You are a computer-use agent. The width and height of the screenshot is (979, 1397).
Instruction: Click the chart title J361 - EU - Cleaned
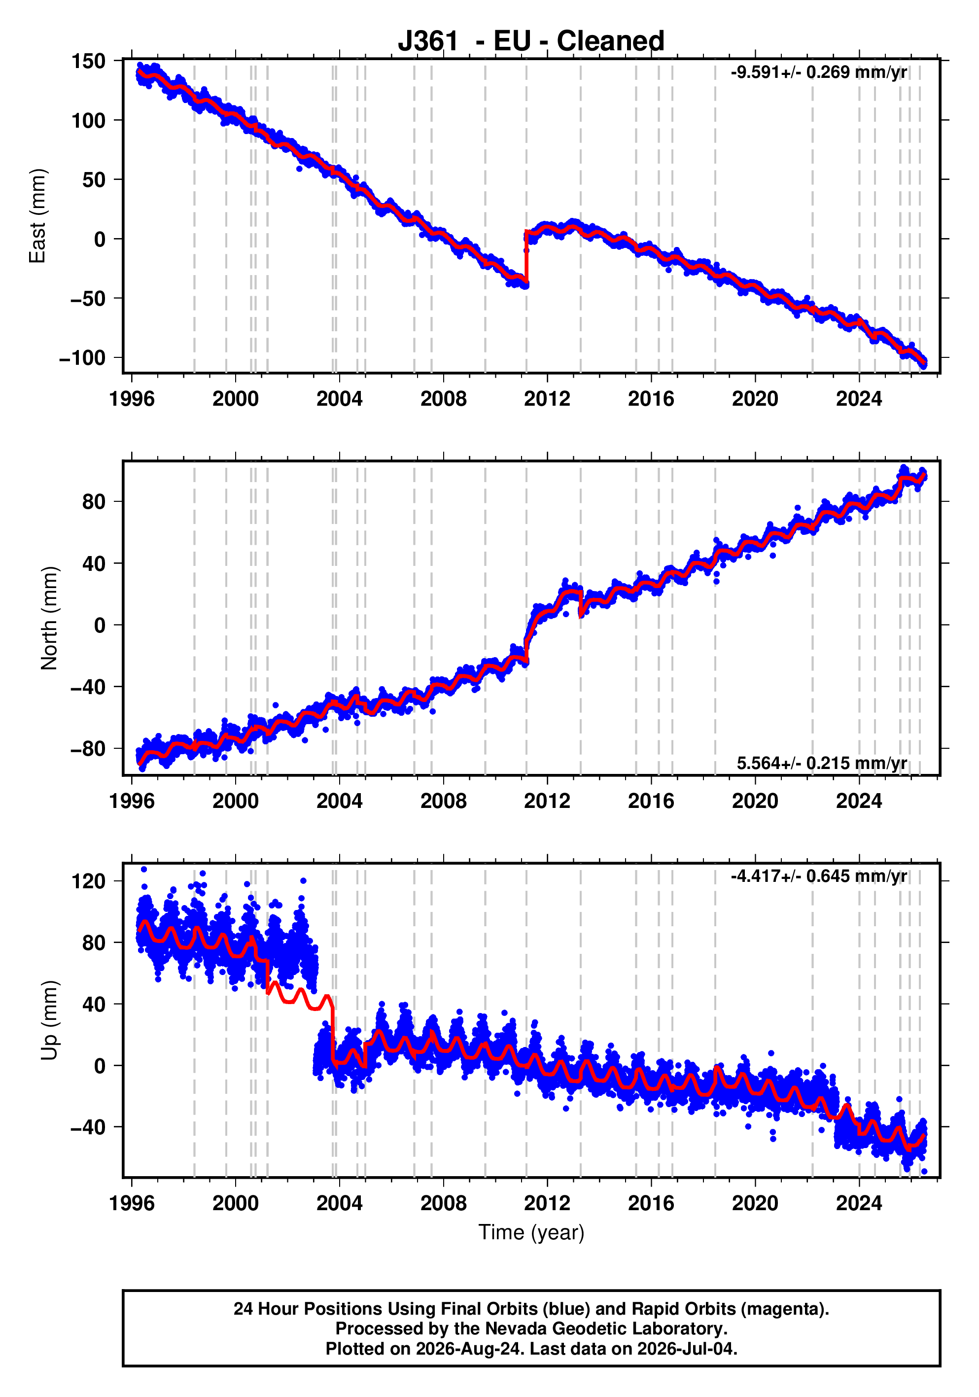(530, 41)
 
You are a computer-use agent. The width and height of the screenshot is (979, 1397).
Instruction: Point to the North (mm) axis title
(49, 618)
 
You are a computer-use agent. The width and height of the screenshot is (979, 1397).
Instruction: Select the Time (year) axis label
(531, 1232)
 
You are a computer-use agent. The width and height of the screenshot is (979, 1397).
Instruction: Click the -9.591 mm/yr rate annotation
(818, 72)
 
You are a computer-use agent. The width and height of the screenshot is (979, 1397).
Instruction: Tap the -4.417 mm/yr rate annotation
(818, 876)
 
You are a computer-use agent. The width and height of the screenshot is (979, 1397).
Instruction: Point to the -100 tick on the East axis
(82, 358)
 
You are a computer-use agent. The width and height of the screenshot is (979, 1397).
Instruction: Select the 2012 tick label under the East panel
(547, 399)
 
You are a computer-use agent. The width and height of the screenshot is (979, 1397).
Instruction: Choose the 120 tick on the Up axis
(88, 880)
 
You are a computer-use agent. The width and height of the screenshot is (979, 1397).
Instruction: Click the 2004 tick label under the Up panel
(339, 1203)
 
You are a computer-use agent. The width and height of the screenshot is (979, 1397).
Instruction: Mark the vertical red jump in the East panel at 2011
(526, 257)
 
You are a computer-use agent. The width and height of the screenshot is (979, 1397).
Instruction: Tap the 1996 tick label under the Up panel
(132, 1203)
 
